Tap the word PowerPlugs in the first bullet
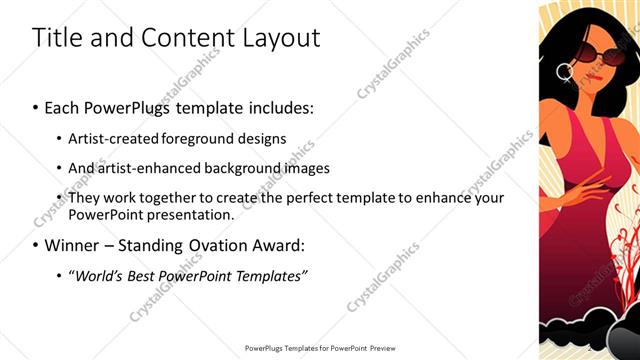coord(130,106)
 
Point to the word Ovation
coord(206,245)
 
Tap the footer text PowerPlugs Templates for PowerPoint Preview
coord(320,349)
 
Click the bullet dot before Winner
coord(35,245)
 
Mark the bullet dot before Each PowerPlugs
coord(35,106)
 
